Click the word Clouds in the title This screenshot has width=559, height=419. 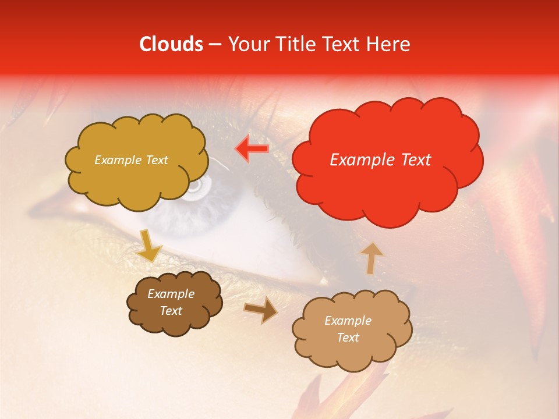171,44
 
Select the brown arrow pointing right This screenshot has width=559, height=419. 261,310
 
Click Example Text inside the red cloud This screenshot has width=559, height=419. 380,160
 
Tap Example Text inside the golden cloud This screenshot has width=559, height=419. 131,160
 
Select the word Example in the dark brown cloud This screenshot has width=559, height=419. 171,294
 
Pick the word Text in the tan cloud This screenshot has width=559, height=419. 348,338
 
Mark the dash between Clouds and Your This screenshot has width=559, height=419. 215,45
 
